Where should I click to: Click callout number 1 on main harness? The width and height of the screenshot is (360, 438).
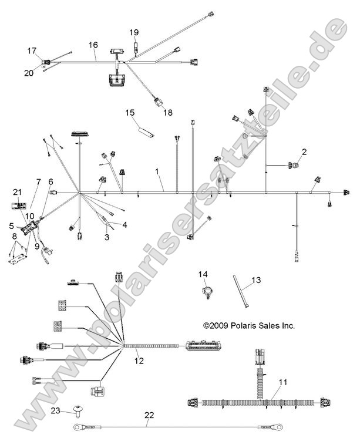point(157,171)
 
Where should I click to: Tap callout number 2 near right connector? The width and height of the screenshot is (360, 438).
point(304,152)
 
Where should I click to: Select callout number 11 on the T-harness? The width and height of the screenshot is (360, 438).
point(282,382)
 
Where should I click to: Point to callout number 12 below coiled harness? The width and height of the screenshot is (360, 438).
point(139,361)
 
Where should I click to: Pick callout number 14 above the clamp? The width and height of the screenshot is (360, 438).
point(203,274)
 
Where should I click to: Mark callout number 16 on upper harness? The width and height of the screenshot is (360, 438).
point(93,45)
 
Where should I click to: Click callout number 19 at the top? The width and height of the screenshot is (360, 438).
point(134,32)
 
